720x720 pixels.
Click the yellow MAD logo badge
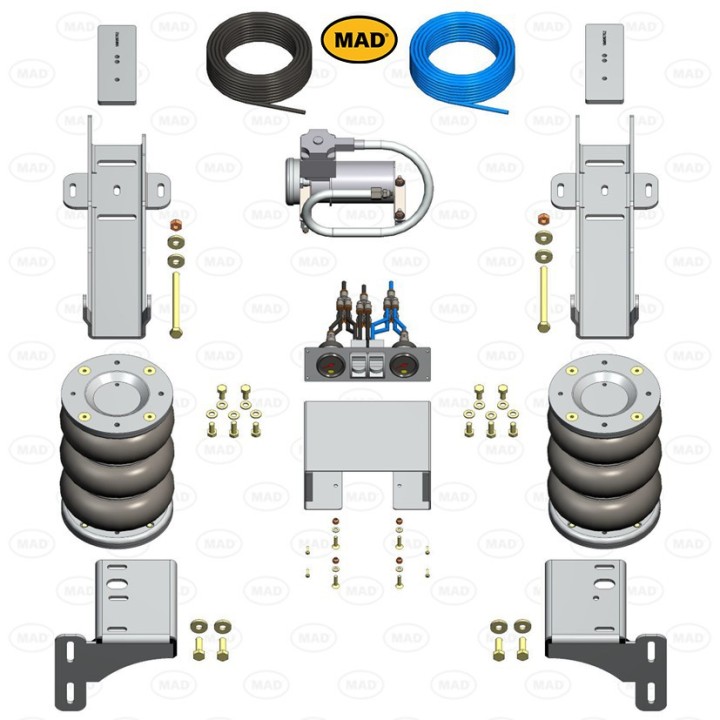[x=359, y=40]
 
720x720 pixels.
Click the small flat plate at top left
[x=117, y=65]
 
